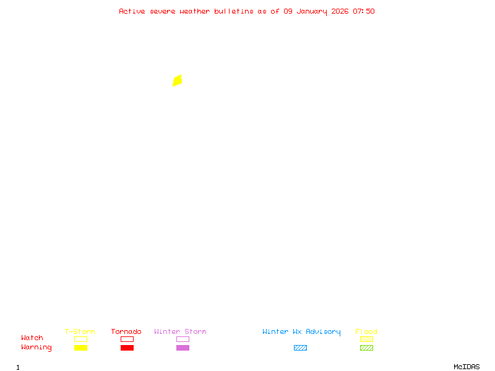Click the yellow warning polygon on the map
point(177,80)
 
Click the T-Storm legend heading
point(80,331)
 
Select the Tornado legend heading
point(126,331)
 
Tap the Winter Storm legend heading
point(180,331)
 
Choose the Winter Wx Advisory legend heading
point(301,331)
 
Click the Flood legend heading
point(366,331)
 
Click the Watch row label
point(32,338)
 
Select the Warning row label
point(37,348)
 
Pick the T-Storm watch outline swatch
point(80,339)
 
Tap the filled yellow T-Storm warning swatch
point(80,348)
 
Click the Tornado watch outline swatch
point(127,339)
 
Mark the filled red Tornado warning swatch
point(127,348)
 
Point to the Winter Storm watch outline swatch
point(183,339)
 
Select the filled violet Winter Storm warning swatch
point(183,348)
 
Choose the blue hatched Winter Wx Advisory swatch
point(300,348)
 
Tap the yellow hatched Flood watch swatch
point(366,339)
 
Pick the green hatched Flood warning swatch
point(366,348)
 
